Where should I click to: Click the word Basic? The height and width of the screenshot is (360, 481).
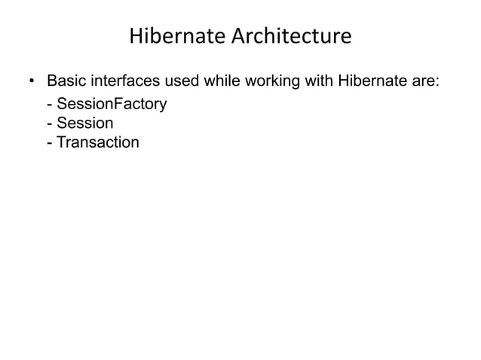point(67,80)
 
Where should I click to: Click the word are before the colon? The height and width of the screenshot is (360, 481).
point(422,81)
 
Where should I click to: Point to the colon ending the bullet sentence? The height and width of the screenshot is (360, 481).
point(437,81)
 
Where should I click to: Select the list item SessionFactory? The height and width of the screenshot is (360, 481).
point(111,104)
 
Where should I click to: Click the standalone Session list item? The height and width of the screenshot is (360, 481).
point(84,123)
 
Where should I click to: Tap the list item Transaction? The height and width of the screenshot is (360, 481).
point(97,142)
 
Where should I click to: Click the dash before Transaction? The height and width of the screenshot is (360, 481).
point(50,142)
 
